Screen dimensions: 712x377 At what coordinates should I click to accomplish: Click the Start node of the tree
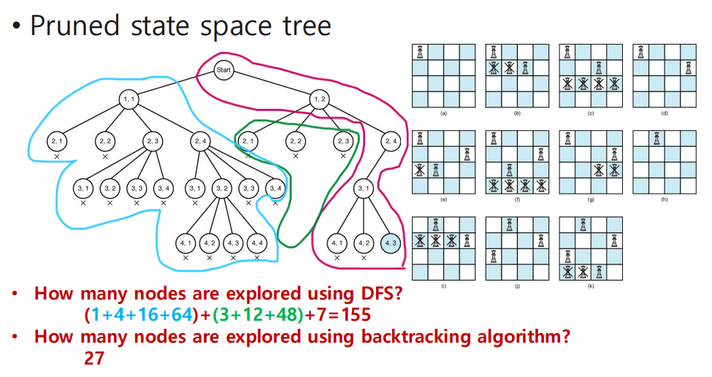(x=223, y=70)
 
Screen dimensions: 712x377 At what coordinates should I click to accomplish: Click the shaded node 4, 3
(x=391, y=243)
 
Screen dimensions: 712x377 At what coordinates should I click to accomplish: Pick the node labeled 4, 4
(x=256, y=243)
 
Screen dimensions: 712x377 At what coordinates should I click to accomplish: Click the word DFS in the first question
(x=372, y=294)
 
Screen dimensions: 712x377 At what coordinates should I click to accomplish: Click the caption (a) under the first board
(x=443, y=114)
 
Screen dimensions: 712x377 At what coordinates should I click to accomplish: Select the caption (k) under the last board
(x=590, y=286)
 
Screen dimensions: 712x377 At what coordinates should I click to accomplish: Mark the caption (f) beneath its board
(x=516, y=200)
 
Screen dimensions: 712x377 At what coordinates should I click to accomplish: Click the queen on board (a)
(x=421, y=52)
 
